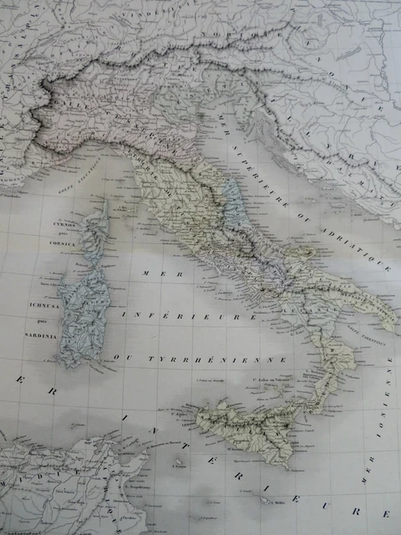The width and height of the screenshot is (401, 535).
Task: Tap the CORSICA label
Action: coord(63,243)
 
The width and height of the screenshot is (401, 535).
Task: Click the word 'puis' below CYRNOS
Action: coord(65,234)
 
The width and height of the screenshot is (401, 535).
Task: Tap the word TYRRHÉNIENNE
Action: coord(216,359)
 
